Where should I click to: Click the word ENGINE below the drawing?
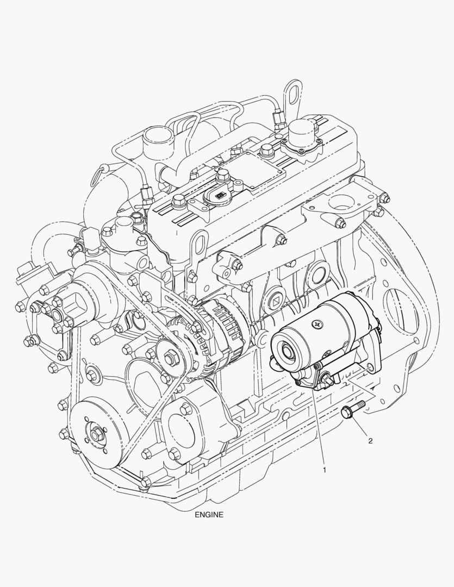coord(209,515)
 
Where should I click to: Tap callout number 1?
coord(325,470)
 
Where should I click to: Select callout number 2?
coord(370,441)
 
